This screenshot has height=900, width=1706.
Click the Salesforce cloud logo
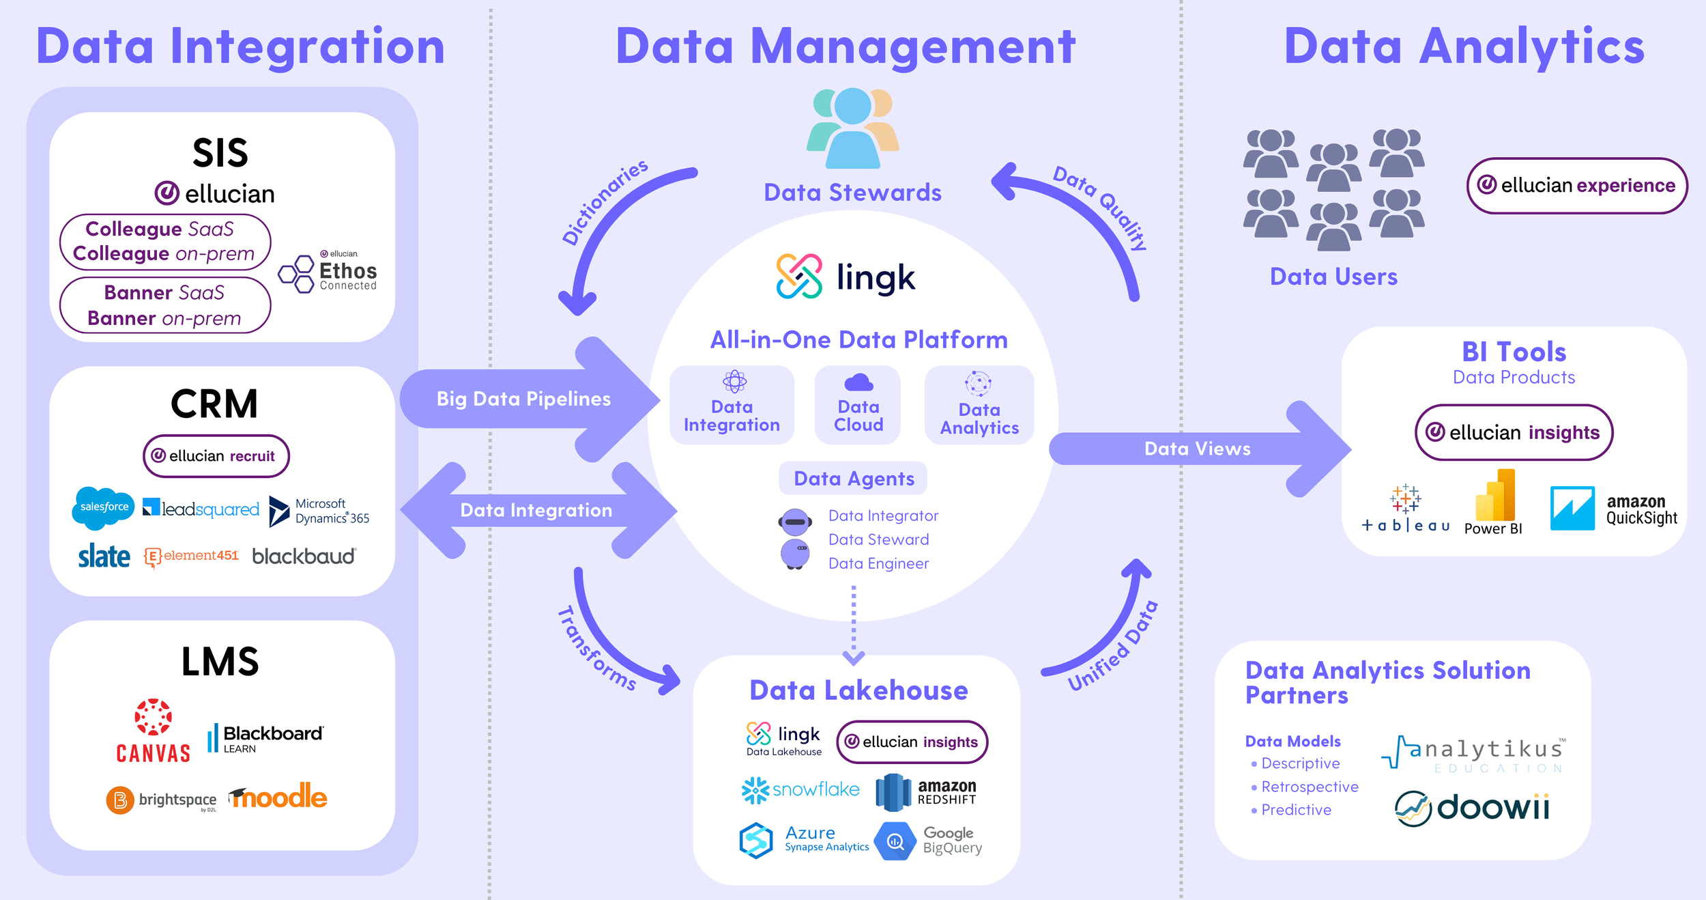(103, 507)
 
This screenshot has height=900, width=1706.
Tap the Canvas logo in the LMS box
(153, 731)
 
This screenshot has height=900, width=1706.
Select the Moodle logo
(278, 797)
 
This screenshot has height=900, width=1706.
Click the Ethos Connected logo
(328, 272)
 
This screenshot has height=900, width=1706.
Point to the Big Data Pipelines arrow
(523, 399)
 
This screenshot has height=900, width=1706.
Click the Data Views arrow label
(1197, 449)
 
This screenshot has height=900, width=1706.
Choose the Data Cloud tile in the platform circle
(858, 406)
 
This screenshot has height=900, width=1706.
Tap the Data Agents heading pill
(853, 479)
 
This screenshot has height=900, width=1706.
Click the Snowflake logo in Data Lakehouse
(800, 790)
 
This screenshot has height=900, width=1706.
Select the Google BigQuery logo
(929, 841)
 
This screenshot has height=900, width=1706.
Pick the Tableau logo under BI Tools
(1406, 509)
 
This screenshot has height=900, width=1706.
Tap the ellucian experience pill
(1576, 186)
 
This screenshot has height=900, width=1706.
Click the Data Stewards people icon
(852, 128)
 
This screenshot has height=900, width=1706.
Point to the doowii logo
(1472, 808)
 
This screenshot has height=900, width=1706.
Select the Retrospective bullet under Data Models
(1309, 787)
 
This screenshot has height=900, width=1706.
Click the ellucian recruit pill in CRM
(216, 456)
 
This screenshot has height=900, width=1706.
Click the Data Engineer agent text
(878, 563)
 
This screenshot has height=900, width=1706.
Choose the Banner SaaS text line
(164, 293)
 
